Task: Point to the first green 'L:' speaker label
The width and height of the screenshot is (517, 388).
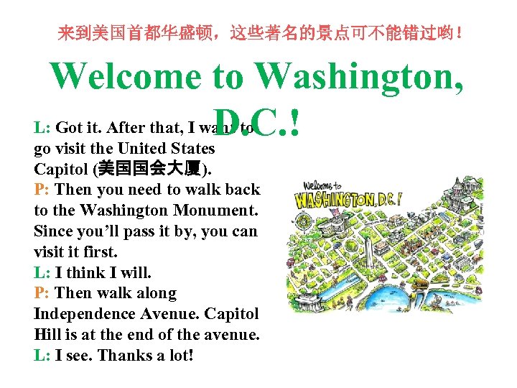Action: click(x=42, y=129)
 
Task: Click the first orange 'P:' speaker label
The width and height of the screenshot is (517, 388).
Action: click(x=42, y=190)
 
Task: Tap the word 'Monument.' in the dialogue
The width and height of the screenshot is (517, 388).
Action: click(x=219, y=211)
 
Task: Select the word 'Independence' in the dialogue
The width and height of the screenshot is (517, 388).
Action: click(x=80, y=314)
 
